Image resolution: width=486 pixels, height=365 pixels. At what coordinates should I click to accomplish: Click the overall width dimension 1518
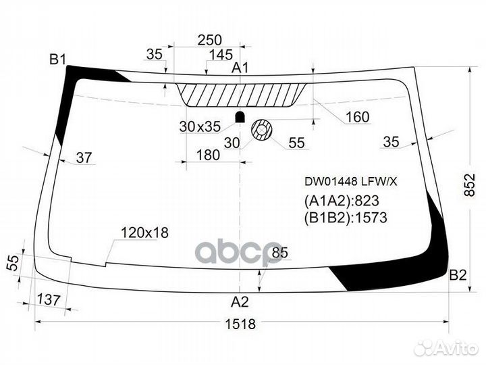(240, 324)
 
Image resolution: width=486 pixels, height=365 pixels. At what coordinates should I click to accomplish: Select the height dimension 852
(470, 185)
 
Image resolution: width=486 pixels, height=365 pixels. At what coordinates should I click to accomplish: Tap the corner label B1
(58, 59)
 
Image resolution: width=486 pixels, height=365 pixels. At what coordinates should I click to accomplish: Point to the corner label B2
(458, 275)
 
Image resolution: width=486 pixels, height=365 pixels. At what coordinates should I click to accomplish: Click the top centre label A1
(240, 68)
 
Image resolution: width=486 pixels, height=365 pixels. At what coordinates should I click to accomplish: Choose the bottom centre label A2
(240, 301)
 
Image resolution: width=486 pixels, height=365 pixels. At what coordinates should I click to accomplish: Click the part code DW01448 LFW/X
(350, 182)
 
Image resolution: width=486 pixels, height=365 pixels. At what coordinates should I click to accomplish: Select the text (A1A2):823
(342, 201)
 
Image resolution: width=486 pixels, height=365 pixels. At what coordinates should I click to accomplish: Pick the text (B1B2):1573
(346, 218)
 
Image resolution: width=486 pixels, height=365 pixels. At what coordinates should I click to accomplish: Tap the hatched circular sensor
(261, 129)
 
